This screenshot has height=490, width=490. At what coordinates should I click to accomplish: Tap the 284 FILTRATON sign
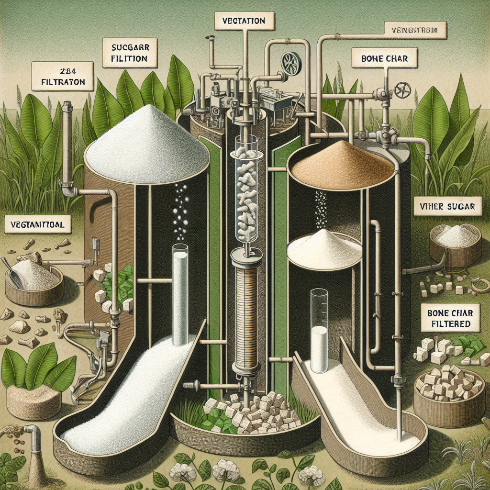[60, 77]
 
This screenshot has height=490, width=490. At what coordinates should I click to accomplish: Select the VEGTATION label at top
[244, 21]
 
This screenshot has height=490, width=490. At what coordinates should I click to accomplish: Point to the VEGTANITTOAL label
[37, 224]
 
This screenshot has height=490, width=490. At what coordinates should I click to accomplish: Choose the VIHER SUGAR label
[445, 207]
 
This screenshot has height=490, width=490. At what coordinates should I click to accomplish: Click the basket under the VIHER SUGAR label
[455, 244]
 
